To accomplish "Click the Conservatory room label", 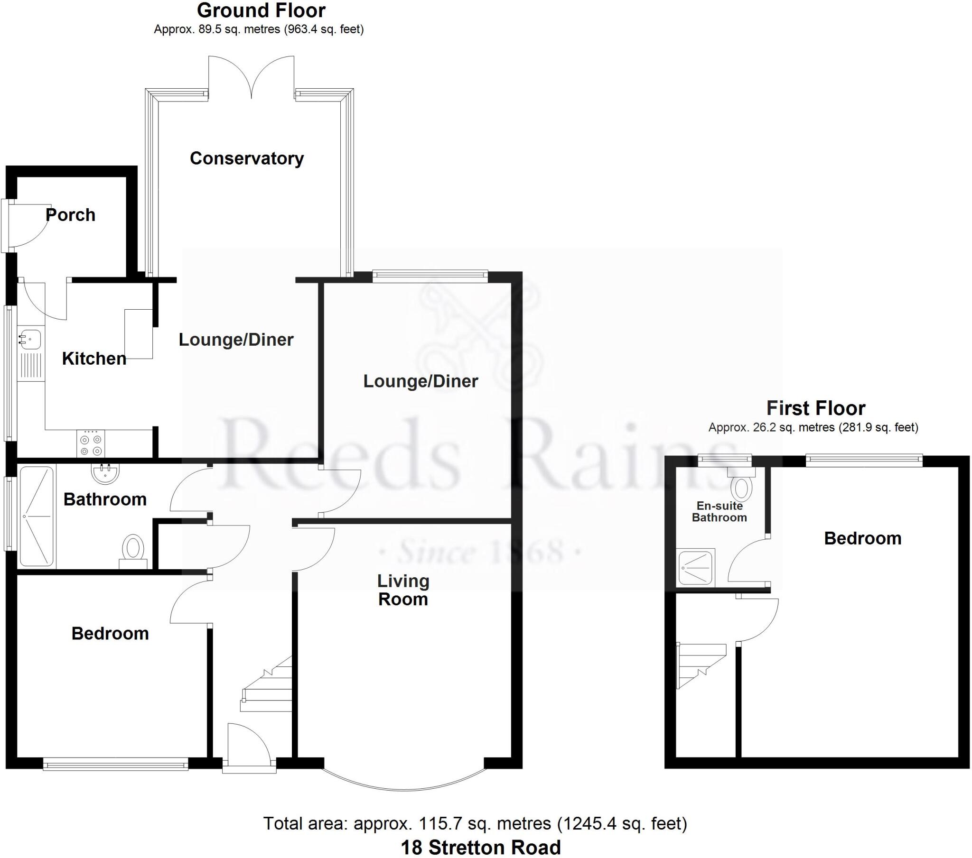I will tap(246, 158).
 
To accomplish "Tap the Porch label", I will tap(70, 215).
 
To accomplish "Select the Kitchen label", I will tap(94, 359).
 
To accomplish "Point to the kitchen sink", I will tap(29, 340).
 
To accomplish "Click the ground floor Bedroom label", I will tap(110, 633).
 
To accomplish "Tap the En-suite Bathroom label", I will tap(719, 511).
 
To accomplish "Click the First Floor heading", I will tap(815, 408).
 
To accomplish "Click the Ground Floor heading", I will tap(261, 10).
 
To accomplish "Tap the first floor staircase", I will tap(701, 664).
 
